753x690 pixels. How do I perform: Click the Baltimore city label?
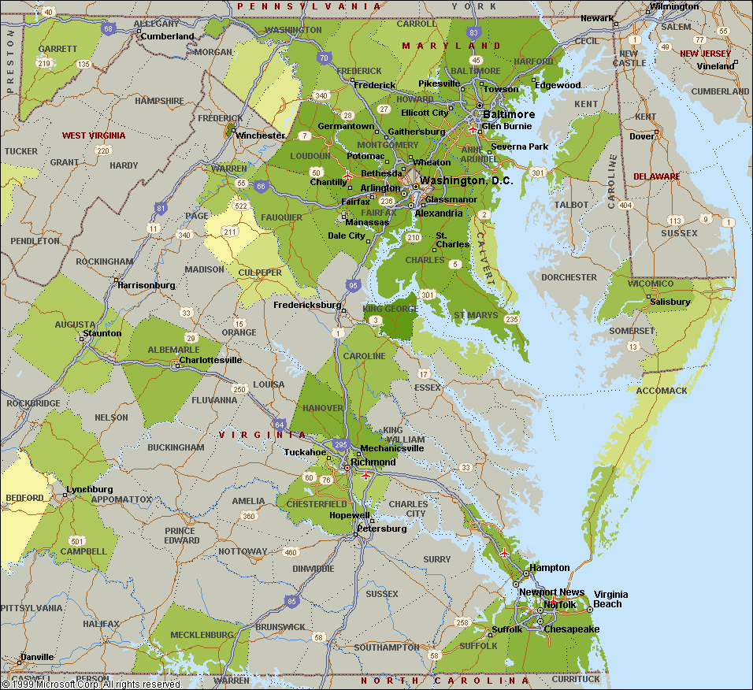point(508,114)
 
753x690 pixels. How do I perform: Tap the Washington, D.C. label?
point(466,180)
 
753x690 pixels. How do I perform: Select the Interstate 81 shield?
point(161,209)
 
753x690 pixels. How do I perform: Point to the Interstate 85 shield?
point(292,601)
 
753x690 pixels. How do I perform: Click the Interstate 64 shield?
point(279,425)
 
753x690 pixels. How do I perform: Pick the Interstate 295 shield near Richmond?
point(339,445)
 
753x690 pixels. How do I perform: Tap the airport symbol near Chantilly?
point(347,175)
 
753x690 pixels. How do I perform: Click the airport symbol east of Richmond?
point(365,475)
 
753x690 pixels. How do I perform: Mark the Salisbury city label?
point(670,302)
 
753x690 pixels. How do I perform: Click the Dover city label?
point(642,136)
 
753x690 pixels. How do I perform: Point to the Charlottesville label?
point(210,360)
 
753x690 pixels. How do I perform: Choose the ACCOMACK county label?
point(662,391)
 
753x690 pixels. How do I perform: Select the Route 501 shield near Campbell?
point(76,540)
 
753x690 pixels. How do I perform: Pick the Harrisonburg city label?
point(147,285)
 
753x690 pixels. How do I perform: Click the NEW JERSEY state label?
point(705,54)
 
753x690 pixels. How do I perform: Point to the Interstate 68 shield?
point(109,29)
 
